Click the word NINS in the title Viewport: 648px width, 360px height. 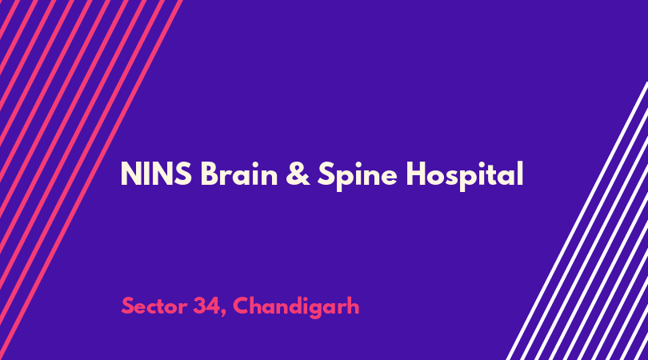[x=156, y=174]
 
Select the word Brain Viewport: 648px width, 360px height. [x=239, y=174]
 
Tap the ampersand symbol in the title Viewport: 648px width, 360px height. [x=298, y=174]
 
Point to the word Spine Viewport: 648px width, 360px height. [x=358, y=175]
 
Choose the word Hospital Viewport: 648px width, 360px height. [x=465, y=175]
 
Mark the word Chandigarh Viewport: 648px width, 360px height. [x=296, y=307]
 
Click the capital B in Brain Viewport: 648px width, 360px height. [x=209, y=174]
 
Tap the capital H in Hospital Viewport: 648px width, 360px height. [x=417, y=174]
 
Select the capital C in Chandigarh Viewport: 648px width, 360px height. [x=242, y=306]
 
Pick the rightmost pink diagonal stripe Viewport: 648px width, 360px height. [x=91, y=180]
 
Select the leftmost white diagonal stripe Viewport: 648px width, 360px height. [x=577, y=221]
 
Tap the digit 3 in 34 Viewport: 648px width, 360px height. [x=200, y=306]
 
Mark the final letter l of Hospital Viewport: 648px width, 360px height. [x=521, y=173]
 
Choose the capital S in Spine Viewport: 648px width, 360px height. [x=326, y=174]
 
